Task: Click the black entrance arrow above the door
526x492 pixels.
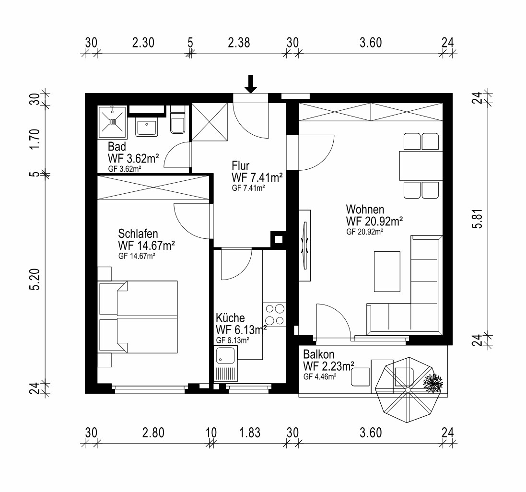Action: tap(251, 84)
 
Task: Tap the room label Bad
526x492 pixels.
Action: tap(117, 147)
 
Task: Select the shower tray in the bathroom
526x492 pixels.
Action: tap(112, 122)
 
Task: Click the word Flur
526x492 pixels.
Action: tap(241, 165)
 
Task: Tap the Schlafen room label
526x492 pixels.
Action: tap(138, 234)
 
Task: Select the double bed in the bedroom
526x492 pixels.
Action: tap(138, 317)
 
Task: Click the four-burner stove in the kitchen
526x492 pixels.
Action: tap(275, 315)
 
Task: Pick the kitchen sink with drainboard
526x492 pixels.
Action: tap(226, 364)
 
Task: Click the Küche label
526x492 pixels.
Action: tap(230, 317)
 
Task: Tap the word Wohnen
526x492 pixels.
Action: tap(365, 209)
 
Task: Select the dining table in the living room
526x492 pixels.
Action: tap(421, 165)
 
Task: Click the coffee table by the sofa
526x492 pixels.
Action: tap(387, 272)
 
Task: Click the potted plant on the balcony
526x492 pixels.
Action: tap(433, 383)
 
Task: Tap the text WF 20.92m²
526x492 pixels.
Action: tap(374, 221)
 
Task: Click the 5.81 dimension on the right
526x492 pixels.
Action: tap(478, 219)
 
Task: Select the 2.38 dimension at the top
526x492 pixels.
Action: tap(239, 43)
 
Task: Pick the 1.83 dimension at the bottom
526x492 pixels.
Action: tap(250, 433)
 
